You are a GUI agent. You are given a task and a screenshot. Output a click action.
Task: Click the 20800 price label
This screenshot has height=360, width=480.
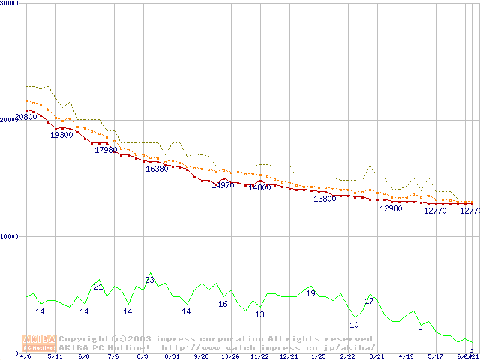[25, 117]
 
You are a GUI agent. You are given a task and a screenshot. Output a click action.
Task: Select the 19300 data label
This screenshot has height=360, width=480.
[61, 135]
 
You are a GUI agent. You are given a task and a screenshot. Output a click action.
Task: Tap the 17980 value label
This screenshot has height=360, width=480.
[106, 150]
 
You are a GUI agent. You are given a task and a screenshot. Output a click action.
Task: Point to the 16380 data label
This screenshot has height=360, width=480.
[157, 169]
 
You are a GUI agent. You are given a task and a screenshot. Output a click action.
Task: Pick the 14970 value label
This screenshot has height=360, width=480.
[223, 185]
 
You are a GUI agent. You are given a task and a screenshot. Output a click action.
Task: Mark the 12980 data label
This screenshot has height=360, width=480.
[391, 208]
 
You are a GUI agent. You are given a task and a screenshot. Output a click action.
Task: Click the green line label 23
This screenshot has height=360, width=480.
[149, 280]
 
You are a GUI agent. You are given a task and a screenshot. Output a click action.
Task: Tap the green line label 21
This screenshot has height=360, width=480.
[98, 286]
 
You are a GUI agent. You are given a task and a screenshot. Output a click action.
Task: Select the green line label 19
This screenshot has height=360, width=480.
[310, 293]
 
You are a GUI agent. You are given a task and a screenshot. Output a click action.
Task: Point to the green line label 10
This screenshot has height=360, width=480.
[354, 325]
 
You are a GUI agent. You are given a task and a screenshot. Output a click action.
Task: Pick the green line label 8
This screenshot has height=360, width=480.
[420, 332]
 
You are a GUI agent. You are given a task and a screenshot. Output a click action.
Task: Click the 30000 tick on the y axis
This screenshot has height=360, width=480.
[9, 3]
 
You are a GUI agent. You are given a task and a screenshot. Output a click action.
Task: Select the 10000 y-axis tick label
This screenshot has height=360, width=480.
[9, 236]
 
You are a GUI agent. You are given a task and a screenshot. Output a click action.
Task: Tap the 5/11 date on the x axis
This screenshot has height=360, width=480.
[55, 357]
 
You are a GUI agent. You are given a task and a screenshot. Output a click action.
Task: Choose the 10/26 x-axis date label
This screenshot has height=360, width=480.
[230, 357]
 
